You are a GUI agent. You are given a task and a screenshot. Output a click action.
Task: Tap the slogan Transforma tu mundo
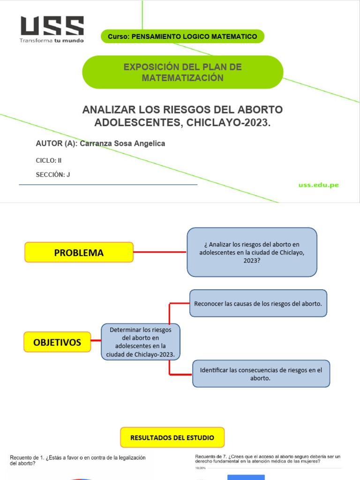52,40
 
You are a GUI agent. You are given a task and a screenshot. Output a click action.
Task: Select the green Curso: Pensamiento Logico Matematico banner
182,37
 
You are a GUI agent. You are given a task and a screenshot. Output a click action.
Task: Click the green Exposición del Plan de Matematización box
182,72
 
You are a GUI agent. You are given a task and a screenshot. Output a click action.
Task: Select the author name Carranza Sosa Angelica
122,143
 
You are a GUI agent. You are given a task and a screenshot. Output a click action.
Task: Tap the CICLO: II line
49,160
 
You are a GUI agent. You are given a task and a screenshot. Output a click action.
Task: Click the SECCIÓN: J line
53,175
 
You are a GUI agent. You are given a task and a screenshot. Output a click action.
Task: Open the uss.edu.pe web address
318,185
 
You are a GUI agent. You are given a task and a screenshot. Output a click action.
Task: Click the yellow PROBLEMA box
79,253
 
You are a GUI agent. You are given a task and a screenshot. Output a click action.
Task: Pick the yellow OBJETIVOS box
57,342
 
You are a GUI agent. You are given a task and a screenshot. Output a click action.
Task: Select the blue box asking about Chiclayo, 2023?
252,252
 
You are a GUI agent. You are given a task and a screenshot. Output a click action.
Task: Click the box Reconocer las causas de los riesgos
258,303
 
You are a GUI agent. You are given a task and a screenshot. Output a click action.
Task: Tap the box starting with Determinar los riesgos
141,342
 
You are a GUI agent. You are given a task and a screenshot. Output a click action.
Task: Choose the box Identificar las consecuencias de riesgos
261,374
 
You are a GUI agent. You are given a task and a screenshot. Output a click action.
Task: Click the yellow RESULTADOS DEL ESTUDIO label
172,437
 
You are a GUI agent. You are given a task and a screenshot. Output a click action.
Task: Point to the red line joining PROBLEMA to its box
160,252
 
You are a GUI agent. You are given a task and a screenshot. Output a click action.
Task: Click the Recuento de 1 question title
77,460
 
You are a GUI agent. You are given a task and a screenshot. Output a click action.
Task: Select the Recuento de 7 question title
268,458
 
